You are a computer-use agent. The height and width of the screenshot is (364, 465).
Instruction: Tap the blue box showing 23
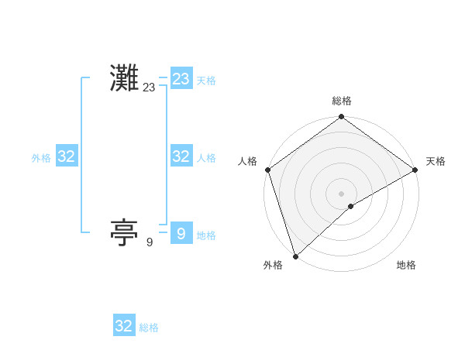click(x=181, y=79)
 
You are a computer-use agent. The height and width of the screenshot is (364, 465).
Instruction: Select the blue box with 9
click(x=181, y=233)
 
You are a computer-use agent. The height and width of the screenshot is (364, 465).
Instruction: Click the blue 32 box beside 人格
click(x=181, y=156)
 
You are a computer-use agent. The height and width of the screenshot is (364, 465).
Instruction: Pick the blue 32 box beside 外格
click(x=66, y=156)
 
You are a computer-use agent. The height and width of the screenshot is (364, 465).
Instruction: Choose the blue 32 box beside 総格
click(x=124, y=326)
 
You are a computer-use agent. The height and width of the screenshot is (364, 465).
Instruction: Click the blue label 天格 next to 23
click(x=206, y=81)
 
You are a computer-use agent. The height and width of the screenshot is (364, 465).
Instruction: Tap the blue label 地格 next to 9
click(x=206, y=235)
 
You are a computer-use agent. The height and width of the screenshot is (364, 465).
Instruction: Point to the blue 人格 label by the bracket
click(x=206, y=157)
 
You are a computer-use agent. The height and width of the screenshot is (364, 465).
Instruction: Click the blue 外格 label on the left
click(x=41, y=157)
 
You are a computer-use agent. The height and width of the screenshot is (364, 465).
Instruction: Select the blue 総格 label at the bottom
click(x=149, y=328)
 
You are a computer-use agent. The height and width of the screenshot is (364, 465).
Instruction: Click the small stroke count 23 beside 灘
click(x=149, y=88)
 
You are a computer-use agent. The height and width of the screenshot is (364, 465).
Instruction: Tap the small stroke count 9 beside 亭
click(x=150, y=242)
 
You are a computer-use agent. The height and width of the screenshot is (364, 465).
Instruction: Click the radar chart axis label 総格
click(x=342, y=101)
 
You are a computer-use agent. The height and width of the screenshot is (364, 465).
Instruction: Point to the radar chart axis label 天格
click(x=436, y=161)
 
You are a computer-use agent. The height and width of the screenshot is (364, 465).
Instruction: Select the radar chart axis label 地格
click(x=406, y=265)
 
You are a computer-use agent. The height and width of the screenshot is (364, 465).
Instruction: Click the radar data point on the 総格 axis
click(x=342, y=118)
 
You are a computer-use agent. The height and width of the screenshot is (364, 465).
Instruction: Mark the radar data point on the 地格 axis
click(x=351, y=206)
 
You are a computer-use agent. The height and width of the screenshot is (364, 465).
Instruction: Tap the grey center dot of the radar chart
click(x=342, y=193)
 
